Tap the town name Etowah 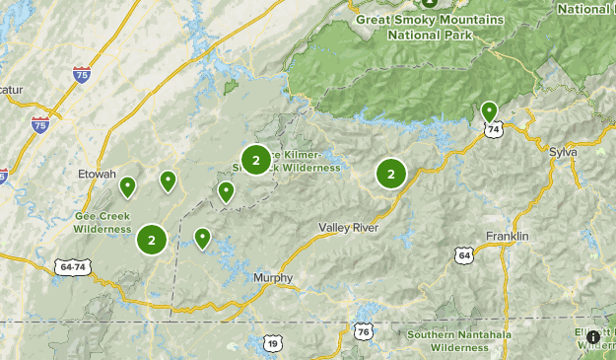tap(98, 174)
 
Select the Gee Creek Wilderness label tap(102, 222)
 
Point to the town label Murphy tap(273, 278)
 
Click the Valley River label tap(349, 228)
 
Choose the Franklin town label tap(508, 237)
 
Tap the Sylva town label tap(564, 153)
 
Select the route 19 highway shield tap(272, 342)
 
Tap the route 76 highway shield tap(365, 331)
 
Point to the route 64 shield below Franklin tap(463, 254)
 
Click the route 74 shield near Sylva tap(494, 128)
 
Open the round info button tap(592, 337)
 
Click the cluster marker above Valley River tap(391, 174)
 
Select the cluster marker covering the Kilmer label tap(255, 159)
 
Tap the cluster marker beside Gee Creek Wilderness tap(151, 240)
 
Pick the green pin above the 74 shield tap(489, 110)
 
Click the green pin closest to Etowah tap(127, 185)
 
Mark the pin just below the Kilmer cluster tap(226, 191)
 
